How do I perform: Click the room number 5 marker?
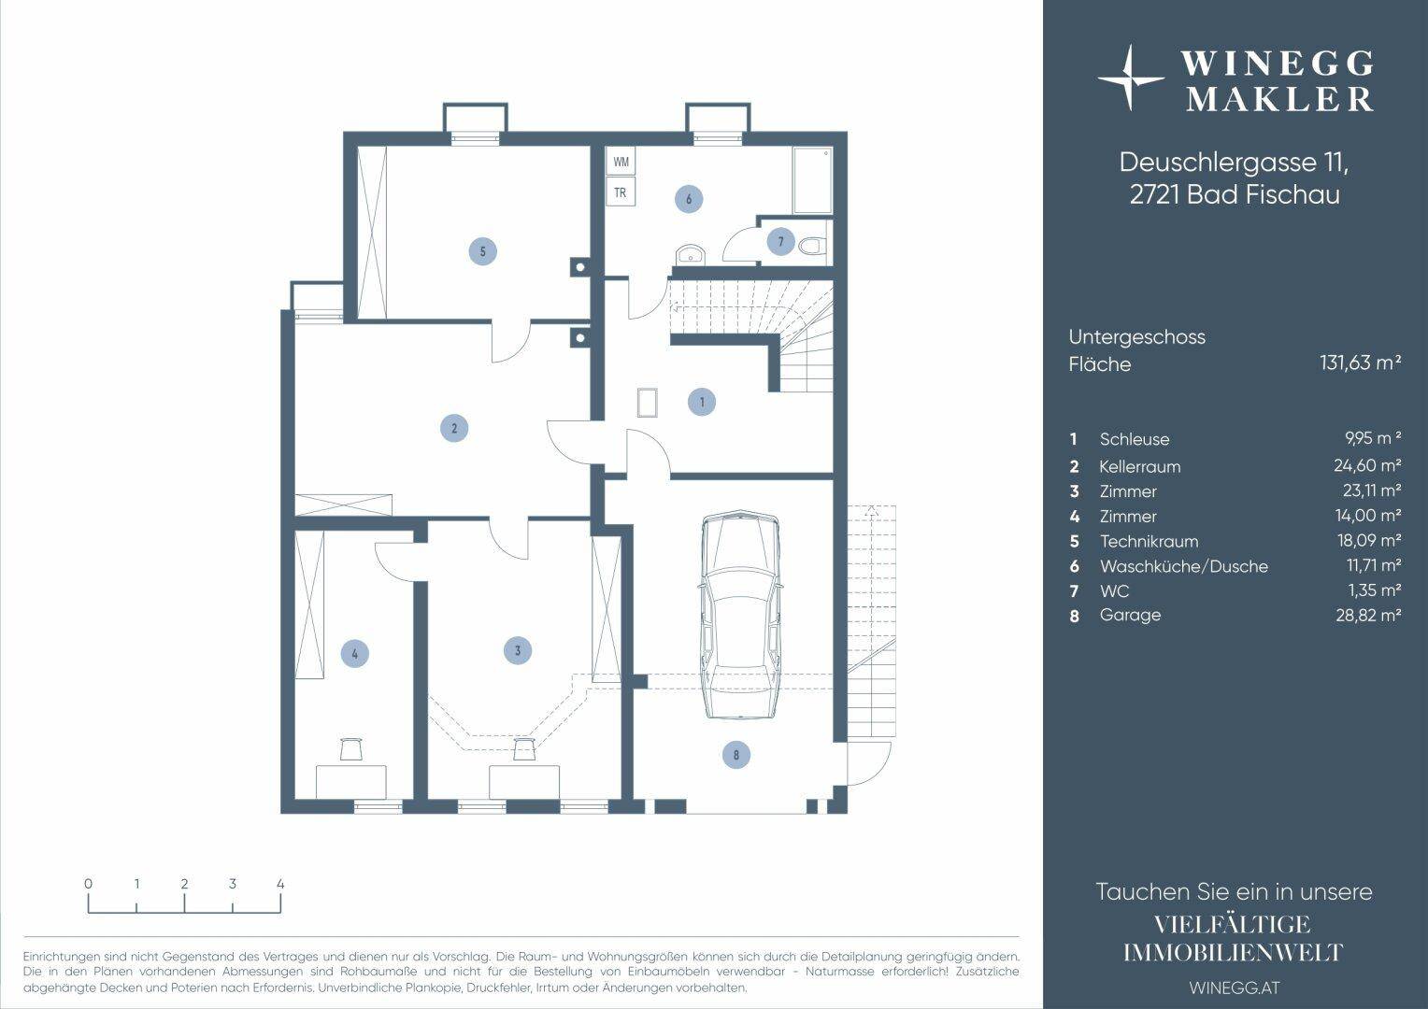tap(482, 251)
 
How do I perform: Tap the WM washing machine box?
tap(621, 162)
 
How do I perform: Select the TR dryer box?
tap(621, 192)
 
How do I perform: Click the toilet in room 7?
tap(811, 246)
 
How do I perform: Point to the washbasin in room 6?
tap(690, 254)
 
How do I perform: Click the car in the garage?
tap(741, 614)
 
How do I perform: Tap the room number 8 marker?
tap(736, 755)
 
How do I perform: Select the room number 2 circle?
tap(454, 428)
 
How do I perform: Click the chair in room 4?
tap(350, 748)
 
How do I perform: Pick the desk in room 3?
tap(524, 782)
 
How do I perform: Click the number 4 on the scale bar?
tap(280, 884)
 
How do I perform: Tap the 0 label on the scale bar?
tap(88, 884)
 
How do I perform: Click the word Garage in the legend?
tap(1130, 615)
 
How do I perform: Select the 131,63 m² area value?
tap(1360, 362)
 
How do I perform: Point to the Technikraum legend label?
tap(1149, 541)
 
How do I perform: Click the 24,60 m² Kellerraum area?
tap(1367, 465)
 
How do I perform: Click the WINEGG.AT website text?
tap(1235, 988)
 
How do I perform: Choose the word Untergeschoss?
tap(1136, 337)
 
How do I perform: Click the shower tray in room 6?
tap(812, 181)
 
